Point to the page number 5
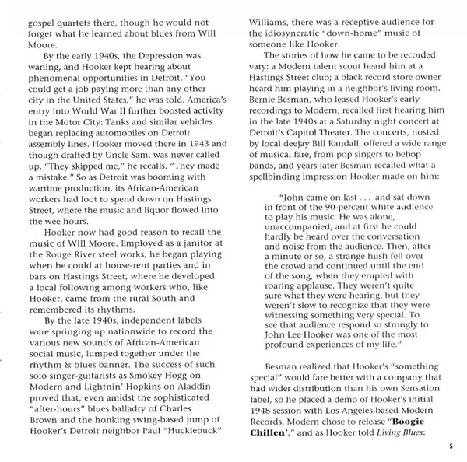[450, 445]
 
